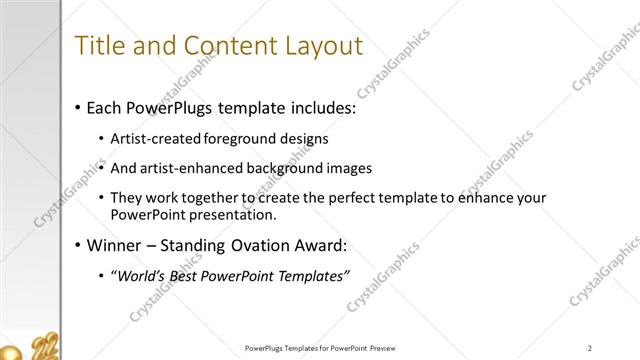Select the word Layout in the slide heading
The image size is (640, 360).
point(319,46)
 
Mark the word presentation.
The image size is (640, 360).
point(229,215)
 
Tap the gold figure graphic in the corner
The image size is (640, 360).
point(40,348)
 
